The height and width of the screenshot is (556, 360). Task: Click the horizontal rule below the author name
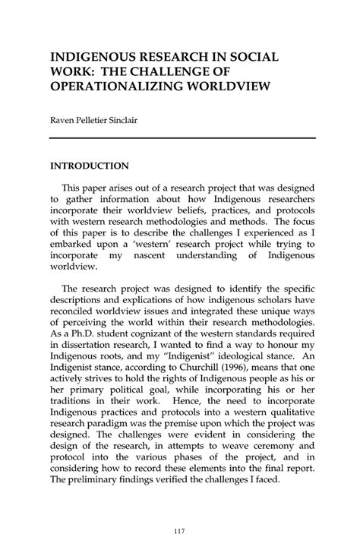182,137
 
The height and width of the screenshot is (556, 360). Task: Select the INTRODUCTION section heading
89,165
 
